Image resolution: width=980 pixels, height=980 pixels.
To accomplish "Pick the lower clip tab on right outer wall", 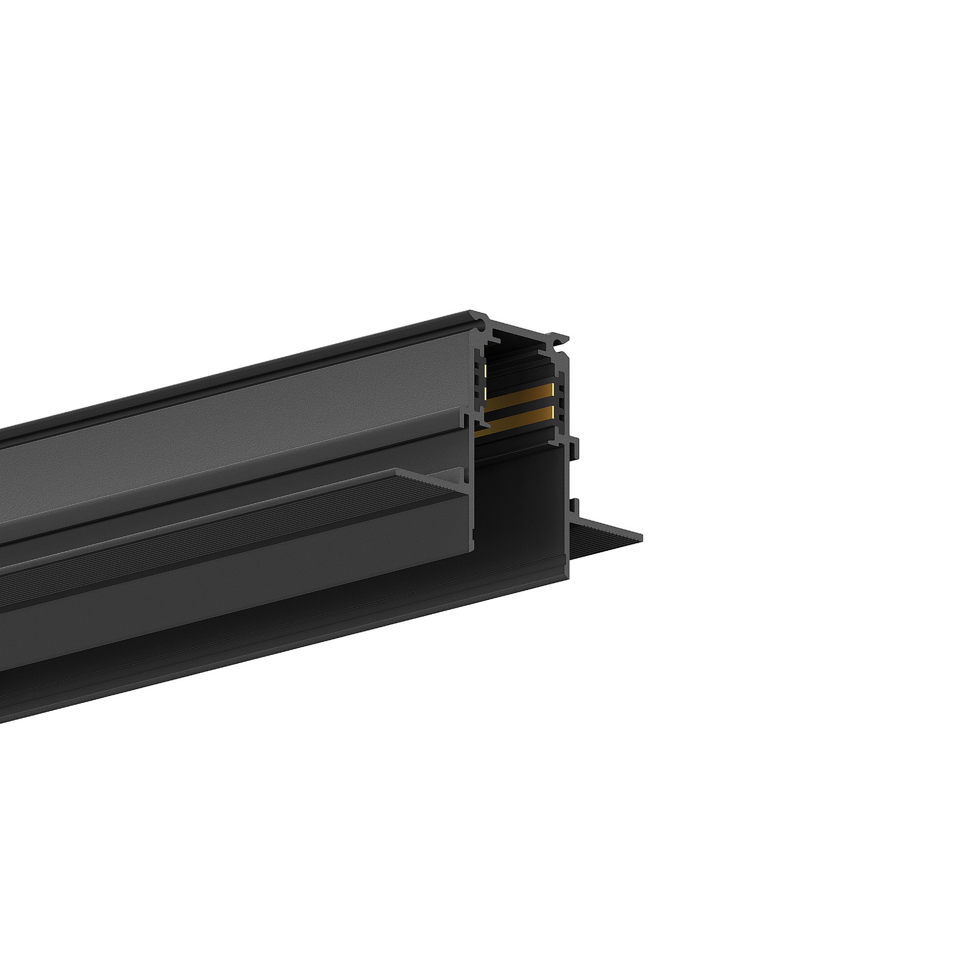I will pyautogui.click(x=575, y=506).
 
